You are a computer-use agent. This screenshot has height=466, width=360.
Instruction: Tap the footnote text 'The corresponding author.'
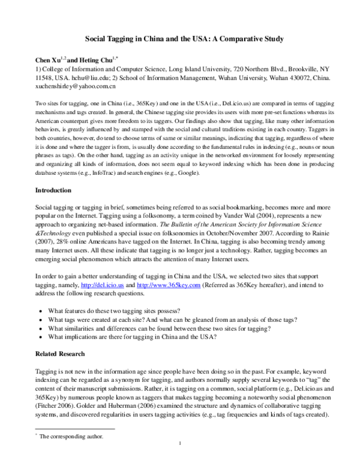pos(71,437)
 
